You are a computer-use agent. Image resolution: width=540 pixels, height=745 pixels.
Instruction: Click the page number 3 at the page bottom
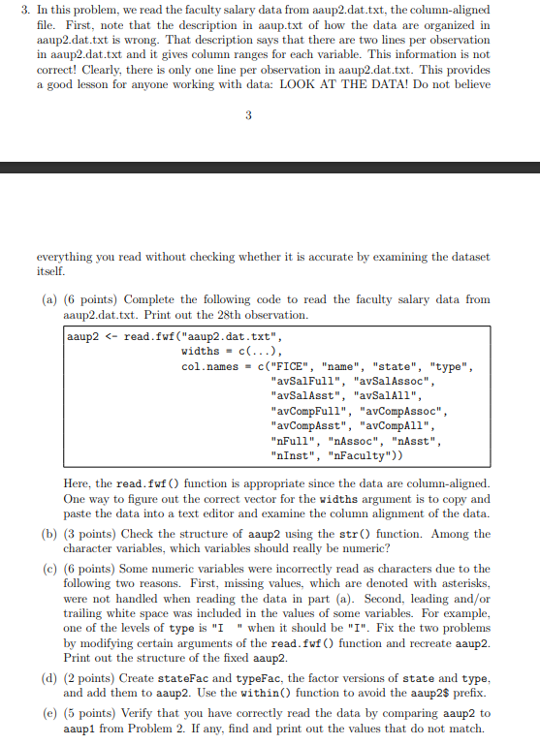(248, 117)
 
